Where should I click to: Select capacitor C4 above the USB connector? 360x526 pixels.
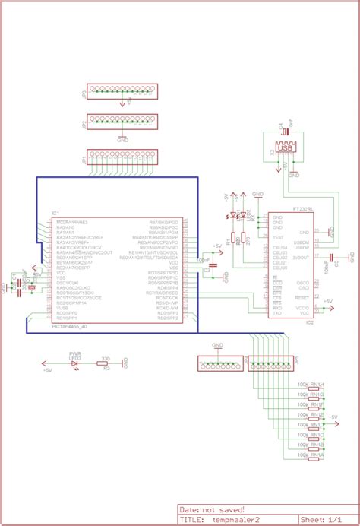click(x=286, y=131)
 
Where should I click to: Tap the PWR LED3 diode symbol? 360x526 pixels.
click(x=75, y=363)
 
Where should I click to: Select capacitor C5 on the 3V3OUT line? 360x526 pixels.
click(x=336, y=257)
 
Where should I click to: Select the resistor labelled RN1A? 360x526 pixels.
click(x=316, y=456)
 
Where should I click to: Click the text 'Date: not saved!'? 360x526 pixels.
click(x=212, y=509)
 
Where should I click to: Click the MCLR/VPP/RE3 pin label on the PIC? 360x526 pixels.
click(x=72, y=221)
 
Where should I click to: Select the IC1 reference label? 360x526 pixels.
click(x=55, y=213)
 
